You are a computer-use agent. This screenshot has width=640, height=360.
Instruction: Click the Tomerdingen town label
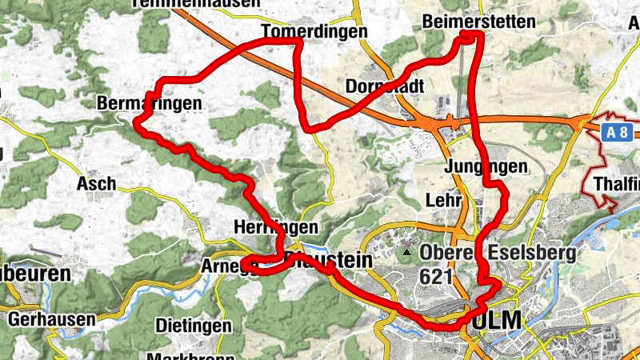314,31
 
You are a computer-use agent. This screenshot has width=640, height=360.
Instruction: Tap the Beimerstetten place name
478,22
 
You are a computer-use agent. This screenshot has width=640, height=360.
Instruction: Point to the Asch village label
96,184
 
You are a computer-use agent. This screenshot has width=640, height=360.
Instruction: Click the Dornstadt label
384,86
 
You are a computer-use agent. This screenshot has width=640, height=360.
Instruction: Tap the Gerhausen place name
52,318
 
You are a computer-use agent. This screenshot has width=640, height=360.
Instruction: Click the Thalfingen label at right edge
618,186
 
